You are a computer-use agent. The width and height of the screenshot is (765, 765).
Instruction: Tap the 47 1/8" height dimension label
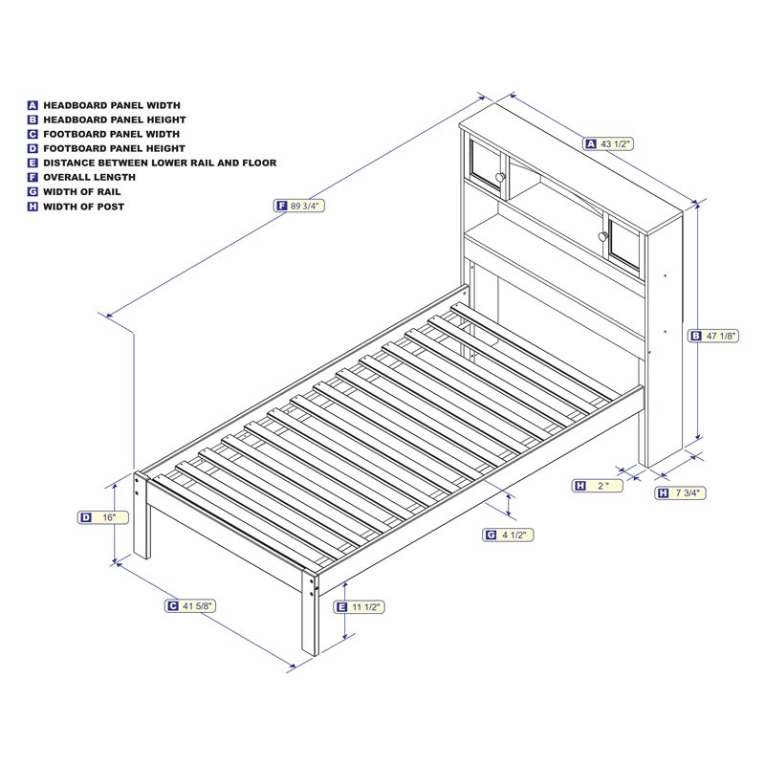pyautogui.click(x=721, y=336)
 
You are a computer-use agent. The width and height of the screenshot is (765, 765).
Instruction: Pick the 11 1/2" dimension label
pyautogui.click(x=365, y=607)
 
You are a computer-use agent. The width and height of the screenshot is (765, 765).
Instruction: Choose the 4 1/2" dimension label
pyautogui.click(x=514, y=535)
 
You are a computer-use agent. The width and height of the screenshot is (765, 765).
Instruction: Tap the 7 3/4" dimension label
pyautogui.click(x=688, y=493)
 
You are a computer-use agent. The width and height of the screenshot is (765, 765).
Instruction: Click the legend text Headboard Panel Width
pyautogui.click(x=111, y=105)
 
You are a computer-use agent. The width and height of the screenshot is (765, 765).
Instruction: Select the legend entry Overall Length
pyautogui.click(x=89, y=177)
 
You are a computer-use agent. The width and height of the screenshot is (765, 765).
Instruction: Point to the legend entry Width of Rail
pyautogui.click(x=83, y=191)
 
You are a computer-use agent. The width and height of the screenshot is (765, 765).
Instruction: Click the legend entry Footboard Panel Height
pyautogui.click(x=114, y=148)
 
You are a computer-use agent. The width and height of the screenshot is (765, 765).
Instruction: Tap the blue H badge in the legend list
pyautogui.click(x=33, y=207)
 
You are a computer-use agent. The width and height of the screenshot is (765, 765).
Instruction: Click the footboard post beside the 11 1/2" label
pyautogui.click(x=310, y=612)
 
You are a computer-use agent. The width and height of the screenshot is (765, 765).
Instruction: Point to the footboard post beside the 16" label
pyautogui.click(x=142, y=516)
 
